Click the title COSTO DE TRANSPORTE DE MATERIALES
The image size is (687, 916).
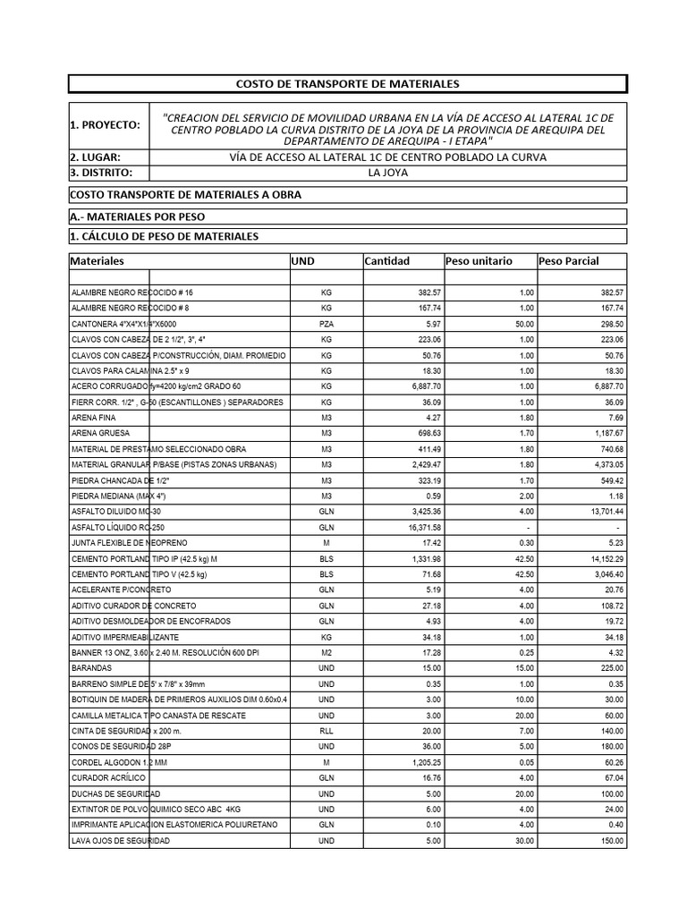click(347, 83)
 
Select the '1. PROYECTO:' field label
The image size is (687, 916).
click(105, 125)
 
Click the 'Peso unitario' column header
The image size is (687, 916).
click(479, 261)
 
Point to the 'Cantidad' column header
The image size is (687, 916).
click(386, 261)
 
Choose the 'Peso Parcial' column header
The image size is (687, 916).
click(569, 261)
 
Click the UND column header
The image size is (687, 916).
click(303, 261)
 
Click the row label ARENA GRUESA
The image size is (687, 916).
click(100, 433)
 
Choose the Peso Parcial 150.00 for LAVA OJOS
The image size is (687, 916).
click(608, 842)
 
